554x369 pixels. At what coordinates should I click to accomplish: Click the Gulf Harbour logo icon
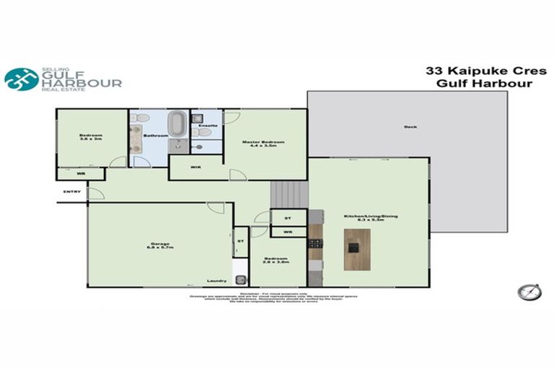tap(22, 79)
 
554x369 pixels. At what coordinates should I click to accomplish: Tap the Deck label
tap(410, 128)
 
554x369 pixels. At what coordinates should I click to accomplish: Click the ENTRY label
tap(72, 192)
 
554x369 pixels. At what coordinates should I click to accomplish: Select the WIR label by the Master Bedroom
tap(195, 168)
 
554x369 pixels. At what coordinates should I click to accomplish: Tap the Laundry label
tap(216, 281)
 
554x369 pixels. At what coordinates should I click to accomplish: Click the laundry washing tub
tap(240, 280)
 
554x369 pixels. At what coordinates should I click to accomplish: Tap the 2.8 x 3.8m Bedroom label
tap(278, 261)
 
